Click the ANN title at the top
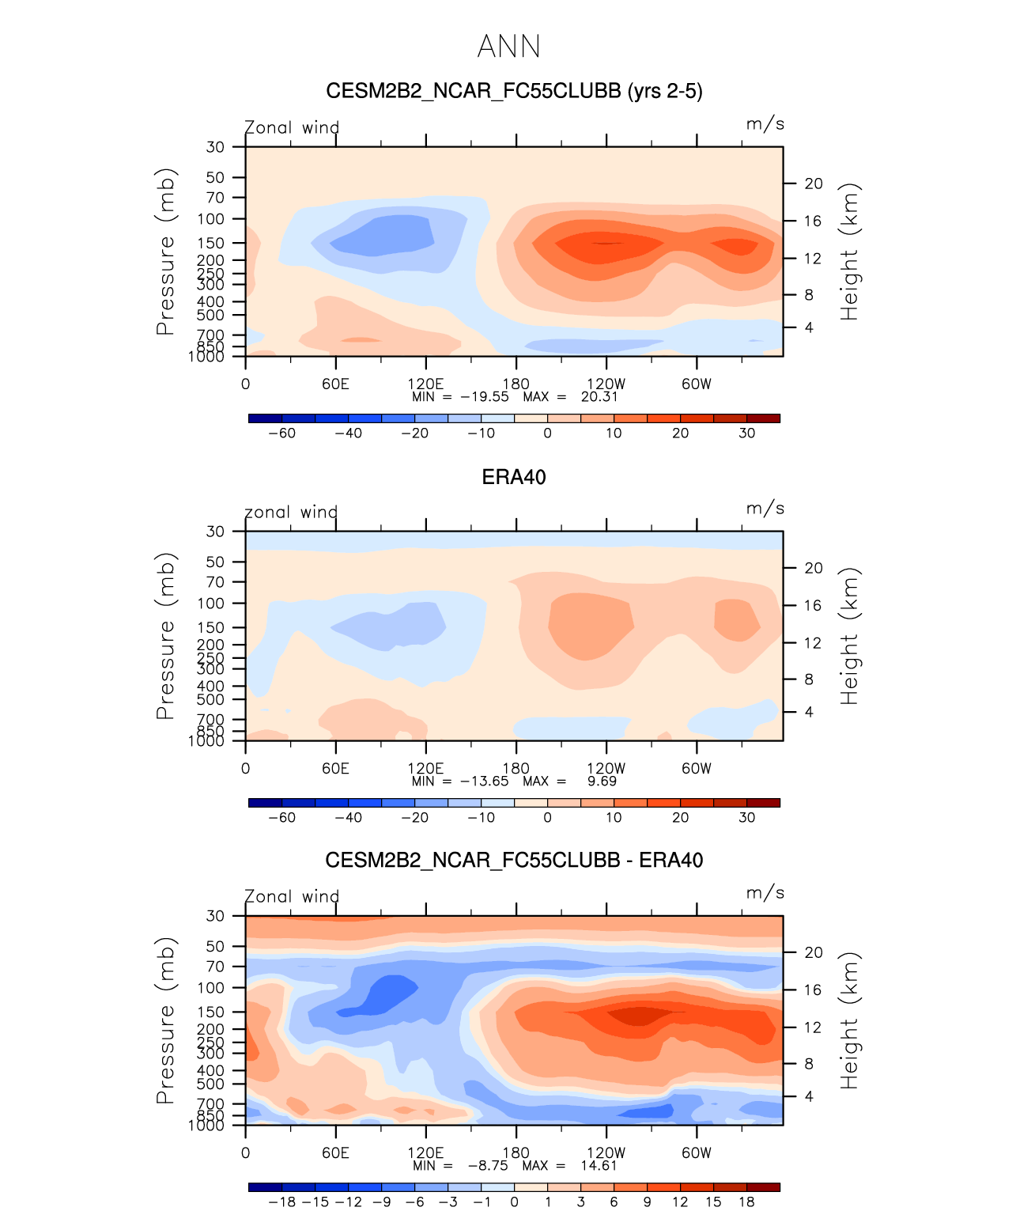(508, 47)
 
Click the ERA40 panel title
(514, 477)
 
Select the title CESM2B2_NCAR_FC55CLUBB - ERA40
(514, 861)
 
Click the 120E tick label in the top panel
(425, 384)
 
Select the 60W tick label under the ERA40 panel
(697, 768)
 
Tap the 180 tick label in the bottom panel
(516, 1152)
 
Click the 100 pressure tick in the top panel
(211, 219)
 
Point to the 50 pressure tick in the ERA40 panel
(216, 562)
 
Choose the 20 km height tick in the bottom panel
(814, 952)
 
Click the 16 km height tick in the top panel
(814, 221)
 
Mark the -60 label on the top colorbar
(281, 433)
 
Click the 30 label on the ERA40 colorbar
(747, 817)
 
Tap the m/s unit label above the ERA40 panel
(765, 508)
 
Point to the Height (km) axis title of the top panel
(849, 252)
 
